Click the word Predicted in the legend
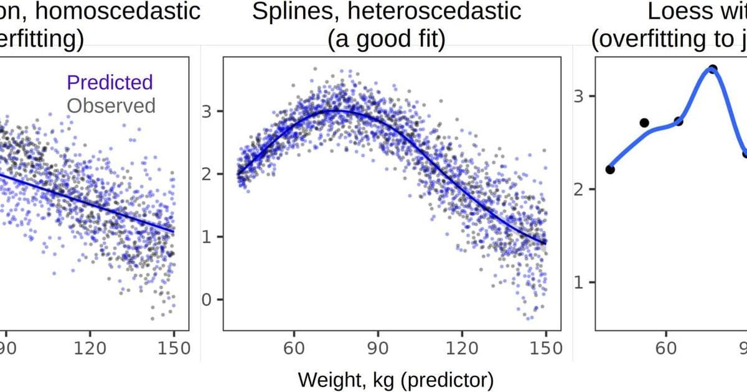[x=109, y=83]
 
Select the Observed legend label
[x=111, y=105]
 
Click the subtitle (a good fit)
[x=386, y=40]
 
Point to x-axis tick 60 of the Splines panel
[x=294, y=348]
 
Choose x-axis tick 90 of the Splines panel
[x=378, y=348]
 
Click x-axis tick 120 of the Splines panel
[x=462, y=348]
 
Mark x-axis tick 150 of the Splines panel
[x=546, y=348]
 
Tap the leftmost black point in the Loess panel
[x=610, y=169]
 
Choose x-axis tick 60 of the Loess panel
[x=667, y=348]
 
